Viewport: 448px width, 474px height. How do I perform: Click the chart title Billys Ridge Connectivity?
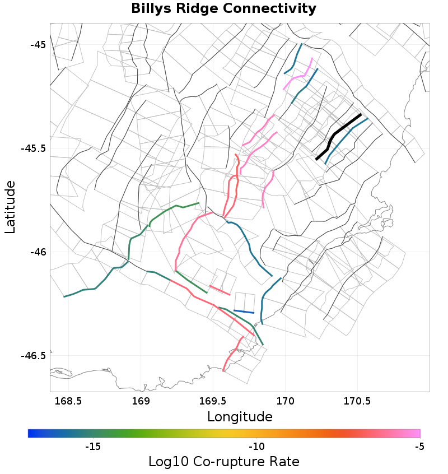tap(223, 9)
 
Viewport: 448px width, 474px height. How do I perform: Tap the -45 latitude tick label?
tap(38, 45)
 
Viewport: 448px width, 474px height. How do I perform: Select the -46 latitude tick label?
tap(38, 252)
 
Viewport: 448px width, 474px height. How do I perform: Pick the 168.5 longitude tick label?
tap(68, 402)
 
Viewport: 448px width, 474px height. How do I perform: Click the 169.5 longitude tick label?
tap(213, 402)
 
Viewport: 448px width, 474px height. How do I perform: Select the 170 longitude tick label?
tap(285, 402)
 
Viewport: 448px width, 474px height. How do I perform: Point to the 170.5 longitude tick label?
tap(357, 402)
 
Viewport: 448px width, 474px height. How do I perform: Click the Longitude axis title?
tap(240, 417)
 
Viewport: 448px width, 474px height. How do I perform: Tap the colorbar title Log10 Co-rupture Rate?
tap(223, 462)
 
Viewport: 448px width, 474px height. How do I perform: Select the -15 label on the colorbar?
tap(92, 447)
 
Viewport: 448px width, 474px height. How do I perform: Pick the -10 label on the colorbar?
tap(256, 447)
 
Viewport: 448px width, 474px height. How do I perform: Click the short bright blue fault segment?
tap(244, 312)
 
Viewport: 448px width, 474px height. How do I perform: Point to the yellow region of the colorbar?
tap(235, 433)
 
